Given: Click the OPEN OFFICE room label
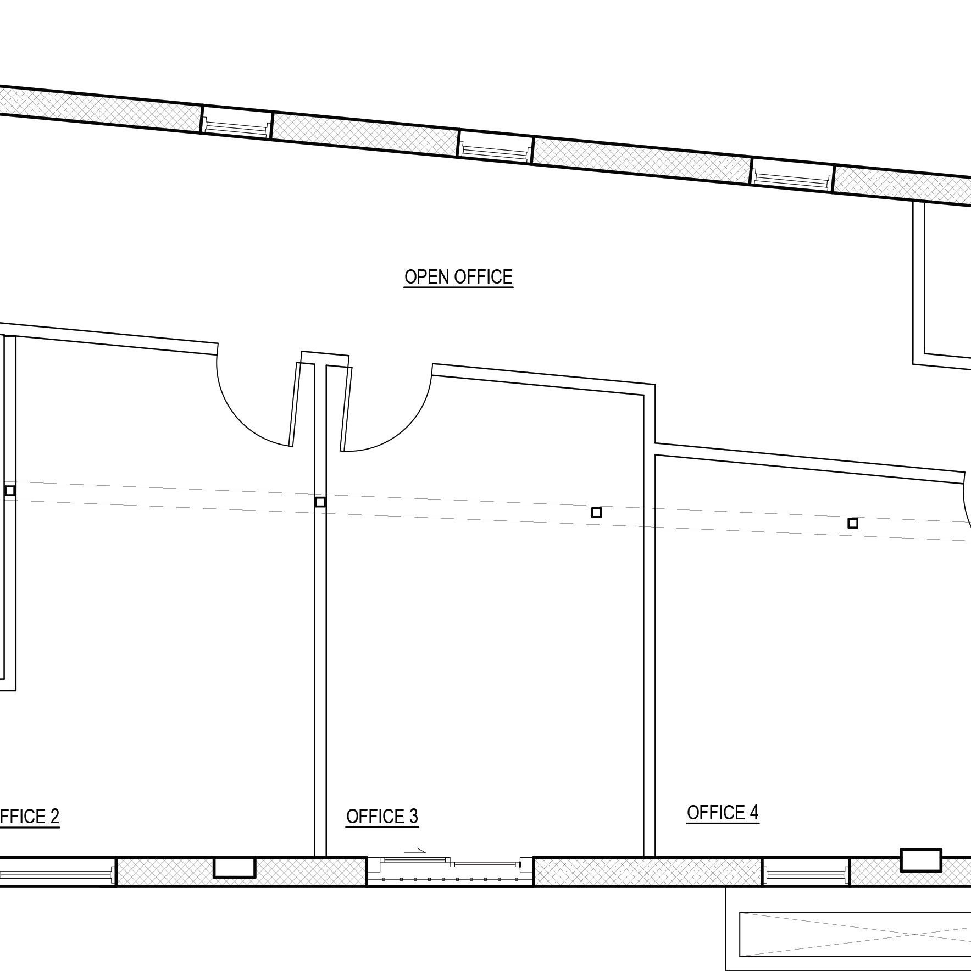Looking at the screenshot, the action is tap(458, 277).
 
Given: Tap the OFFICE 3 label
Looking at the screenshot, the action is tap(382, 817).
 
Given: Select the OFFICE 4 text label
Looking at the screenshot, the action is tap(723, 813).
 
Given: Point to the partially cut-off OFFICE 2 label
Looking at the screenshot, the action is tap(29, 817).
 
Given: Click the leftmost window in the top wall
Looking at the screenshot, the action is tap(237, 123).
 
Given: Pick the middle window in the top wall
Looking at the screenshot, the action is tap(496, 148).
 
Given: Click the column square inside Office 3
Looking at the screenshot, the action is tap(596, 513).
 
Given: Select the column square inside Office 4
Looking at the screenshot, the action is tap(852, 523).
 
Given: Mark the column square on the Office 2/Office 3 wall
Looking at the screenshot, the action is tap(320, 502).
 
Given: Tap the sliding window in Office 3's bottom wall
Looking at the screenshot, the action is tap(450, 871).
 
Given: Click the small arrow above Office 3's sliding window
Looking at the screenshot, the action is tap(415, 851).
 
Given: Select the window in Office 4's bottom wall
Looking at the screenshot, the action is tap(806, 872).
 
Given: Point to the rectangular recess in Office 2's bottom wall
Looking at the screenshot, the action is tap(234, 868).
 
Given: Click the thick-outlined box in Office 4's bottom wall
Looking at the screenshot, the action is tap(920, 861).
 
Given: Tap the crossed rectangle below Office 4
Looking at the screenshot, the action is tap(855, 935).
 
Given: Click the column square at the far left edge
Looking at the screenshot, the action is tap(9, 491).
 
